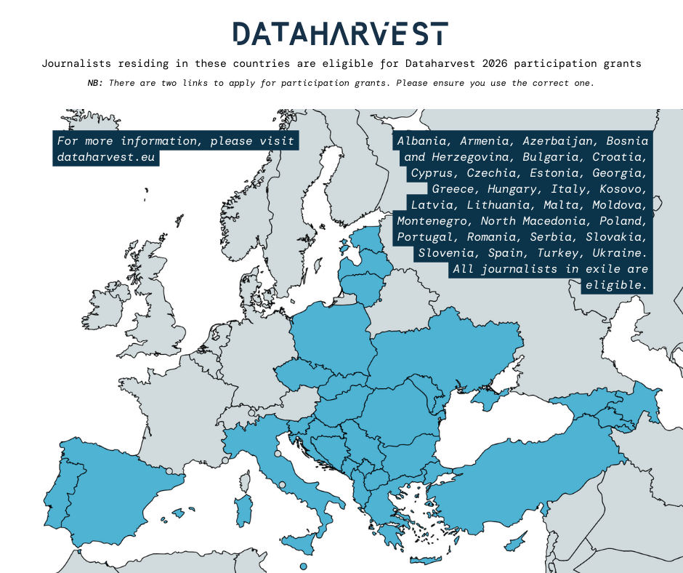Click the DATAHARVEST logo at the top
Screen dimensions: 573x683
340,33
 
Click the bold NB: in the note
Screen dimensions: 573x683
95,83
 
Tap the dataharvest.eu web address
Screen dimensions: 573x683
106,157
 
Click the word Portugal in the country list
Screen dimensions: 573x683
424,237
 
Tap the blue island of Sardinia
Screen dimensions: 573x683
244,509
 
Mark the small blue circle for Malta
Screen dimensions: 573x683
304,566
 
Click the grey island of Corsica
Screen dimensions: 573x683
246,481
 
